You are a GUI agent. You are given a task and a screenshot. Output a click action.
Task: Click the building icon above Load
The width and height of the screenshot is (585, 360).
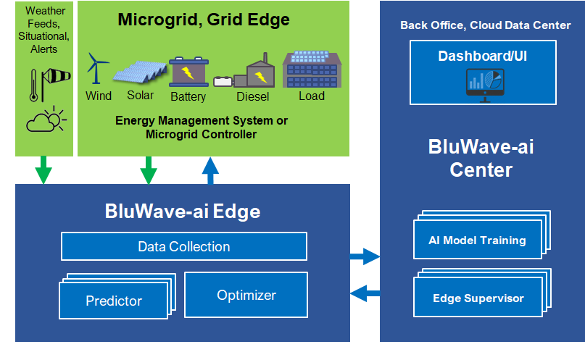point(312,69)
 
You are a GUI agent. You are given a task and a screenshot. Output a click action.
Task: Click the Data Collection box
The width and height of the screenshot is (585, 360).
point(183,246)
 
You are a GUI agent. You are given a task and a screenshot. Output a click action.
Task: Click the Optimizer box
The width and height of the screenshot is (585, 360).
point(246,295)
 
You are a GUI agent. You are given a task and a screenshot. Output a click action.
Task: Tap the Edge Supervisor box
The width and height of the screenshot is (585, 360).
point(478,298)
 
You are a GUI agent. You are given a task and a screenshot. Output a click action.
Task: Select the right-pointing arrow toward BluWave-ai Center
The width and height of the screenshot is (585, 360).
point(365,256)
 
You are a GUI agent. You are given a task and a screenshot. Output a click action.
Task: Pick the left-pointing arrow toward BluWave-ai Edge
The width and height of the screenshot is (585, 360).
point(365,293)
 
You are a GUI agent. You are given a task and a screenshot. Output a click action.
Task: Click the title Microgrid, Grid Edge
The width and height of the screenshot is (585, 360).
point(204,20)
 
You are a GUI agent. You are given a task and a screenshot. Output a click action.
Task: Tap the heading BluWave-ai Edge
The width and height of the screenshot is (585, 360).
point(182,212)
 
